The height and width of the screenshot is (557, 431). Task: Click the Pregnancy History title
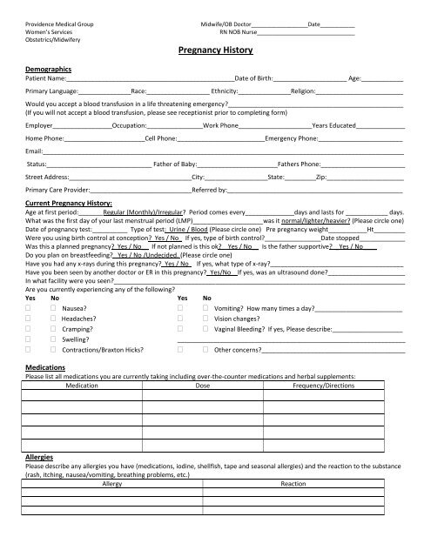214,51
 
